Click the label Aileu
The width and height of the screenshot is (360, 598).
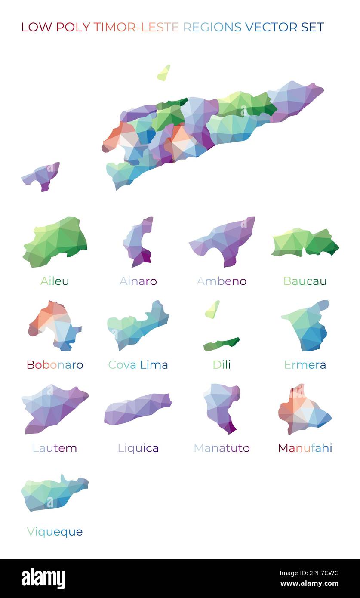55,281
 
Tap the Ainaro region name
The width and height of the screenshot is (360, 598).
138,281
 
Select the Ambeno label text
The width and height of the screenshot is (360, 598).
222,281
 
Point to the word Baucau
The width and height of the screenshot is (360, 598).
305,281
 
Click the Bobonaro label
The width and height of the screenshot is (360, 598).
55,365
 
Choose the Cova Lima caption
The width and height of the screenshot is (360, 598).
138,365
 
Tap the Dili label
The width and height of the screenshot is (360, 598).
222,365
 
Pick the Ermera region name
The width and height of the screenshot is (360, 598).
305,365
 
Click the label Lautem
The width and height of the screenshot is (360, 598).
55,448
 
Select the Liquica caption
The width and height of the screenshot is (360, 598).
138,448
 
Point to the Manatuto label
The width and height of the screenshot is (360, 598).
222,448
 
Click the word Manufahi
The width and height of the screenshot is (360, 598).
305,448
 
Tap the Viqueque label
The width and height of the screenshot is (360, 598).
55,532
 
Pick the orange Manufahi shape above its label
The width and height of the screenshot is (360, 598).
303,411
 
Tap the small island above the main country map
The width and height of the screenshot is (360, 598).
163,74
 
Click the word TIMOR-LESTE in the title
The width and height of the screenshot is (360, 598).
136,27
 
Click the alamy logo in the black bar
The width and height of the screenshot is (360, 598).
43,579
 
